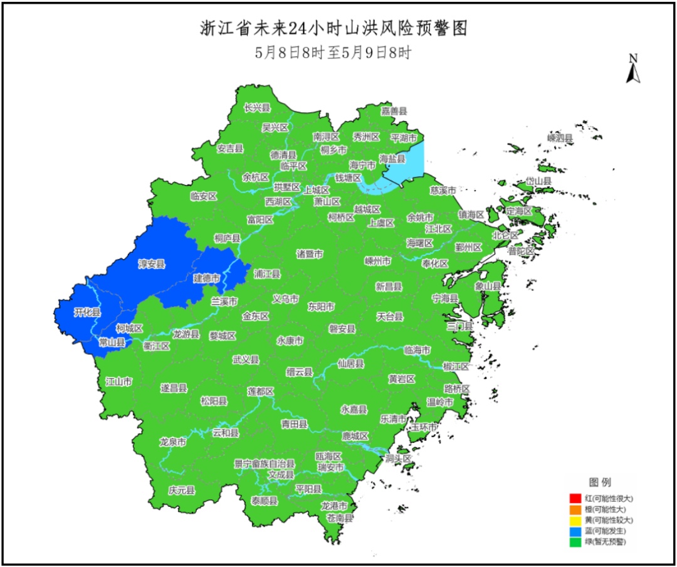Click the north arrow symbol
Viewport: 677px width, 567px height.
(x=633, y=69)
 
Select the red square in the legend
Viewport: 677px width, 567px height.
(x=575, y=498)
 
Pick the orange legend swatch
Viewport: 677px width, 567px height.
(x=575, y=509)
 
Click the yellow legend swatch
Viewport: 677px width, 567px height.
(x=575, y=519)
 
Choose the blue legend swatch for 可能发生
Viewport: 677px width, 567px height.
(x=575, y=530)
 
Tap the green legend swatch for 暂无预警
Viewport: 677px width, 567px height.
(x=575, y=541)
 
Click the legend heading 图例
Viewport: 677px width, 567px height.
(x=599, y=482)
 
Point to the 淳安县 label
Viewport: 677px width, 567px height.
(x=151, y=265)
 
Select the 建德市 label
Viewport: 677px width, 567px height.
(x=206, y=278)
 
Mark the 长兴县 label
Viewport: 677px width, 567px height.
(x=256, y=108)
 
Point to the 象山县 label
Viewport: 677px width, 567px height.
(x=488, y=285)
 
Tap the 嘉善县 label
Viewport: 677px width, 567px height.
(x=394, y=111)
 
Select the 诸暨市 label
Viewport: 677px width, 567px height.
(x=310, y=254)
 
